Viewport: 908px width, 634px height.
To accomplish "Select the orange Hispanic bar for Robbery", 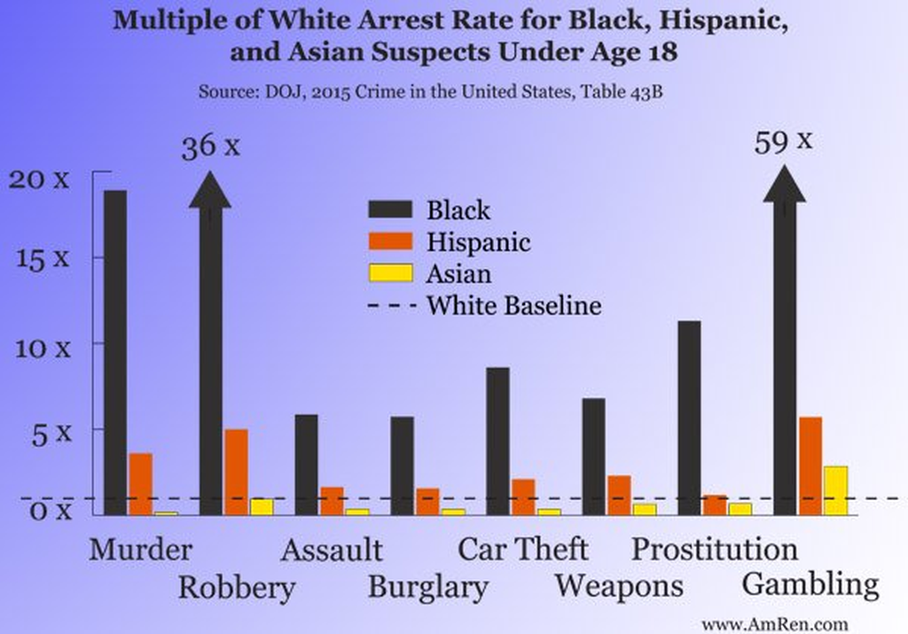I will pyautogui.click(x=236, y=472).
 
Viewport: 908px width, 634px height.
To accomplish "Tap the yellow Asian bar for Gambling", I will pyautogui.click(x=835, y=490).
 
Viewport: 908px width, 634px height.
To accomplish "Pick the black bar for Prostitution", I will pyautogui.click(x=689, y=418).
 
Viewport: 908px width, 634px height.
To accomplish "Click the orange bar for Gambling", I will pyautogui.click(x=810, y=466).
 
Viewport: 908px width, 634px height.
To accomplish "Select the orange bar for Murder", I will pyautogui.click(x=140, y=484).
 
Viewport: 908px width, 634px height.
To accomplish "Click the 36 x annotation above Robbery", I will pyautogui.click(x=210, y=145).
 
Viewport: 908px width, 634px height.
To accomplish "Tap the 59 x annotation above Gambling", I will pyautogui.click(x=783, y=141).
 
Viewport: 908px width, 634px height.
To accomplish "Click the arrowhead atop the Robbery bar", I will pyautogui.click(x=210, y=191).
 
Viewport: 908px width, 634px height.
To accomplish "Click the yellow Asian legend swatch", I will pyautogui.click(x=390, y=273).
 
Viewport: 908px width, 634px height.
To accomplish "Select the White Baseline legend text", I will pyautogui.click(x=514, y=306).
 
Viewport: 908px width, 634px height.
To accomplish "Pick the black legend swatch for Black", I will pyautogui.click(x=390, y=209).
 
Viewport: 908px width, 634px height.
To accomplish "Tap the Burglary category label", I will pyautogui.click(x=428, y=587).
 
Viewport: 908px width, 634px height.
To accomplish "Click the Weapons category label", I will pyautogui.click(x=619, y=586).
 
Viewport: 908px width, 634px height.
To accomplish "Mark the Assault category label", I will pyautogui.click(x=332, y=551).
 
